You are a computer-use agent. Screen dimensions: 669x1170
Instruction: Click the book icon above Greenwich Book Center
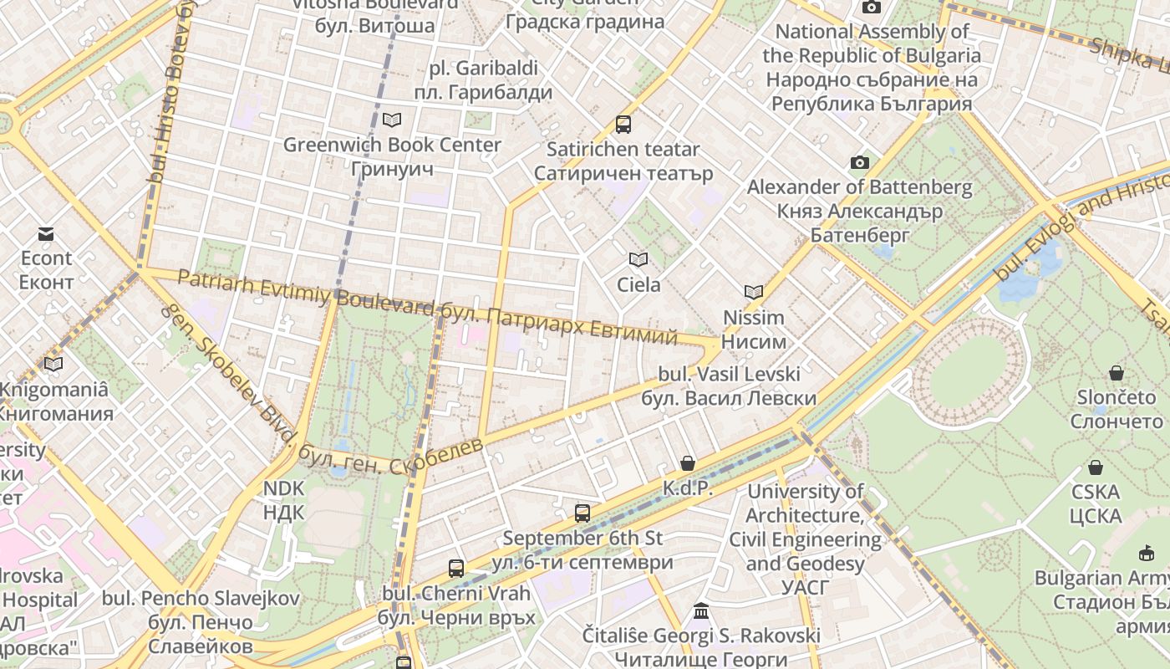click(x=392, y=120)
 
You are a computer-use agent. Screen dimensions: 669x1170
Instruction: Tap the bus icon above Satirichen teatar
click(x=623, y=125)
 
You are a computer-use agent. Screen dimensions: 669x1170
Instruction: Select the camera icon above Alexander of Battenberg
click(x=859, y=162)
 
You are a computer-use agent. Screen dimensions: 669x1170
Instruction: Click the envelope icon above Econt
click(x=46, y=234)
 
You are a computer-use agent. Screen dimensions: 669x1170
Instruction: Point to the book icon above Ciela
click(x=638, y=260)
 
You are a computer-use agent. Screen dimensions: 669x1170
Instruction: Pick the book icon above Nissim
click(x=754, y=292)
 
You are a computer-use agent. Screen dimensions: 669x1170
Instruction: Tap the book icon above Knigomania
click(x=53, y=364)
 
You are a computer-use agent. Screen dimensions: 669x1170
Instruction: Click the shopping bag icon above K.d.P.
click(x=688, y=463)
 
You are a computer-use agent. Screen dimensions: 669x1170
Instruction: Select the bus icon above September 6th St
click(x=582, y=513)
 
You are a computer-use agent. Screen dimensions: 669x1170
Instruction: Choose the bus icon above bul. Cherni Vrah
click(x=456, y=569)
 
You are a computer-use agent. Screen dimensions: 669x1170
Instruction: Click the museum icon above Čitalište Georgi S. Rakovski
click(x=701, y=611)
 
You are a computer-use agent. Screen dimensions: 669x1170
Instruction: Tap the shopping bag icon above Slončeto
click(x=1116, y=373)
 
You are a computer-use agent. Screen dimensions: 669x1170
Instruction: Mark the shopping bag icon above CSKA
click(x=1095, y=467)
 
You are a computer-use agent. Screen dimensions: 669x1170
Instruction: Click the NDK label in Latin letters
click(x=284, y=488)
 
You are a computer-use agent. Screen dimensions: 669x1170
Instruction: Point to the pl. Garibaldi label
click(x=484, y=69)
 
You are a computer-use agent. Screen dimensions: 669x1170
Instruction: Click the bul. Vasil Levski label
click(x=729, y=374)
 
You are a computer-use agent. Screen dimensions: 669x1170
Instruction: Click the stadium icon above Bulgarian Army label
click(x=1146, y=553)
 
